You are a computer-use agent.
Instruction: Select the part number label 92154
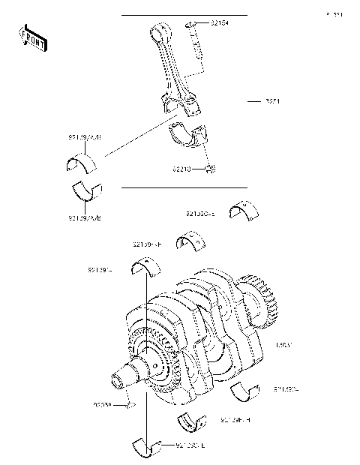tap(220, 25)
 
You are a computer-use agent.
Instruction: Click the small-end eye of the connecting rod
tap(158, 32)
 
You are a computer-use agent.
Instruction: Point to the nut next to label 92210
tap(211, 168)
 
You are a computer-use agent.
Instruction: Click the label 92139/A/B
tap(85, 137)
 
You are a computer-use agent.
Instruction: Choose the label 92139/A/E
tap(85, 217)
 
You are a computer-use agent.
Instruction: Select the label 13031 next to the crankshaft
tap(285, 344)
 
